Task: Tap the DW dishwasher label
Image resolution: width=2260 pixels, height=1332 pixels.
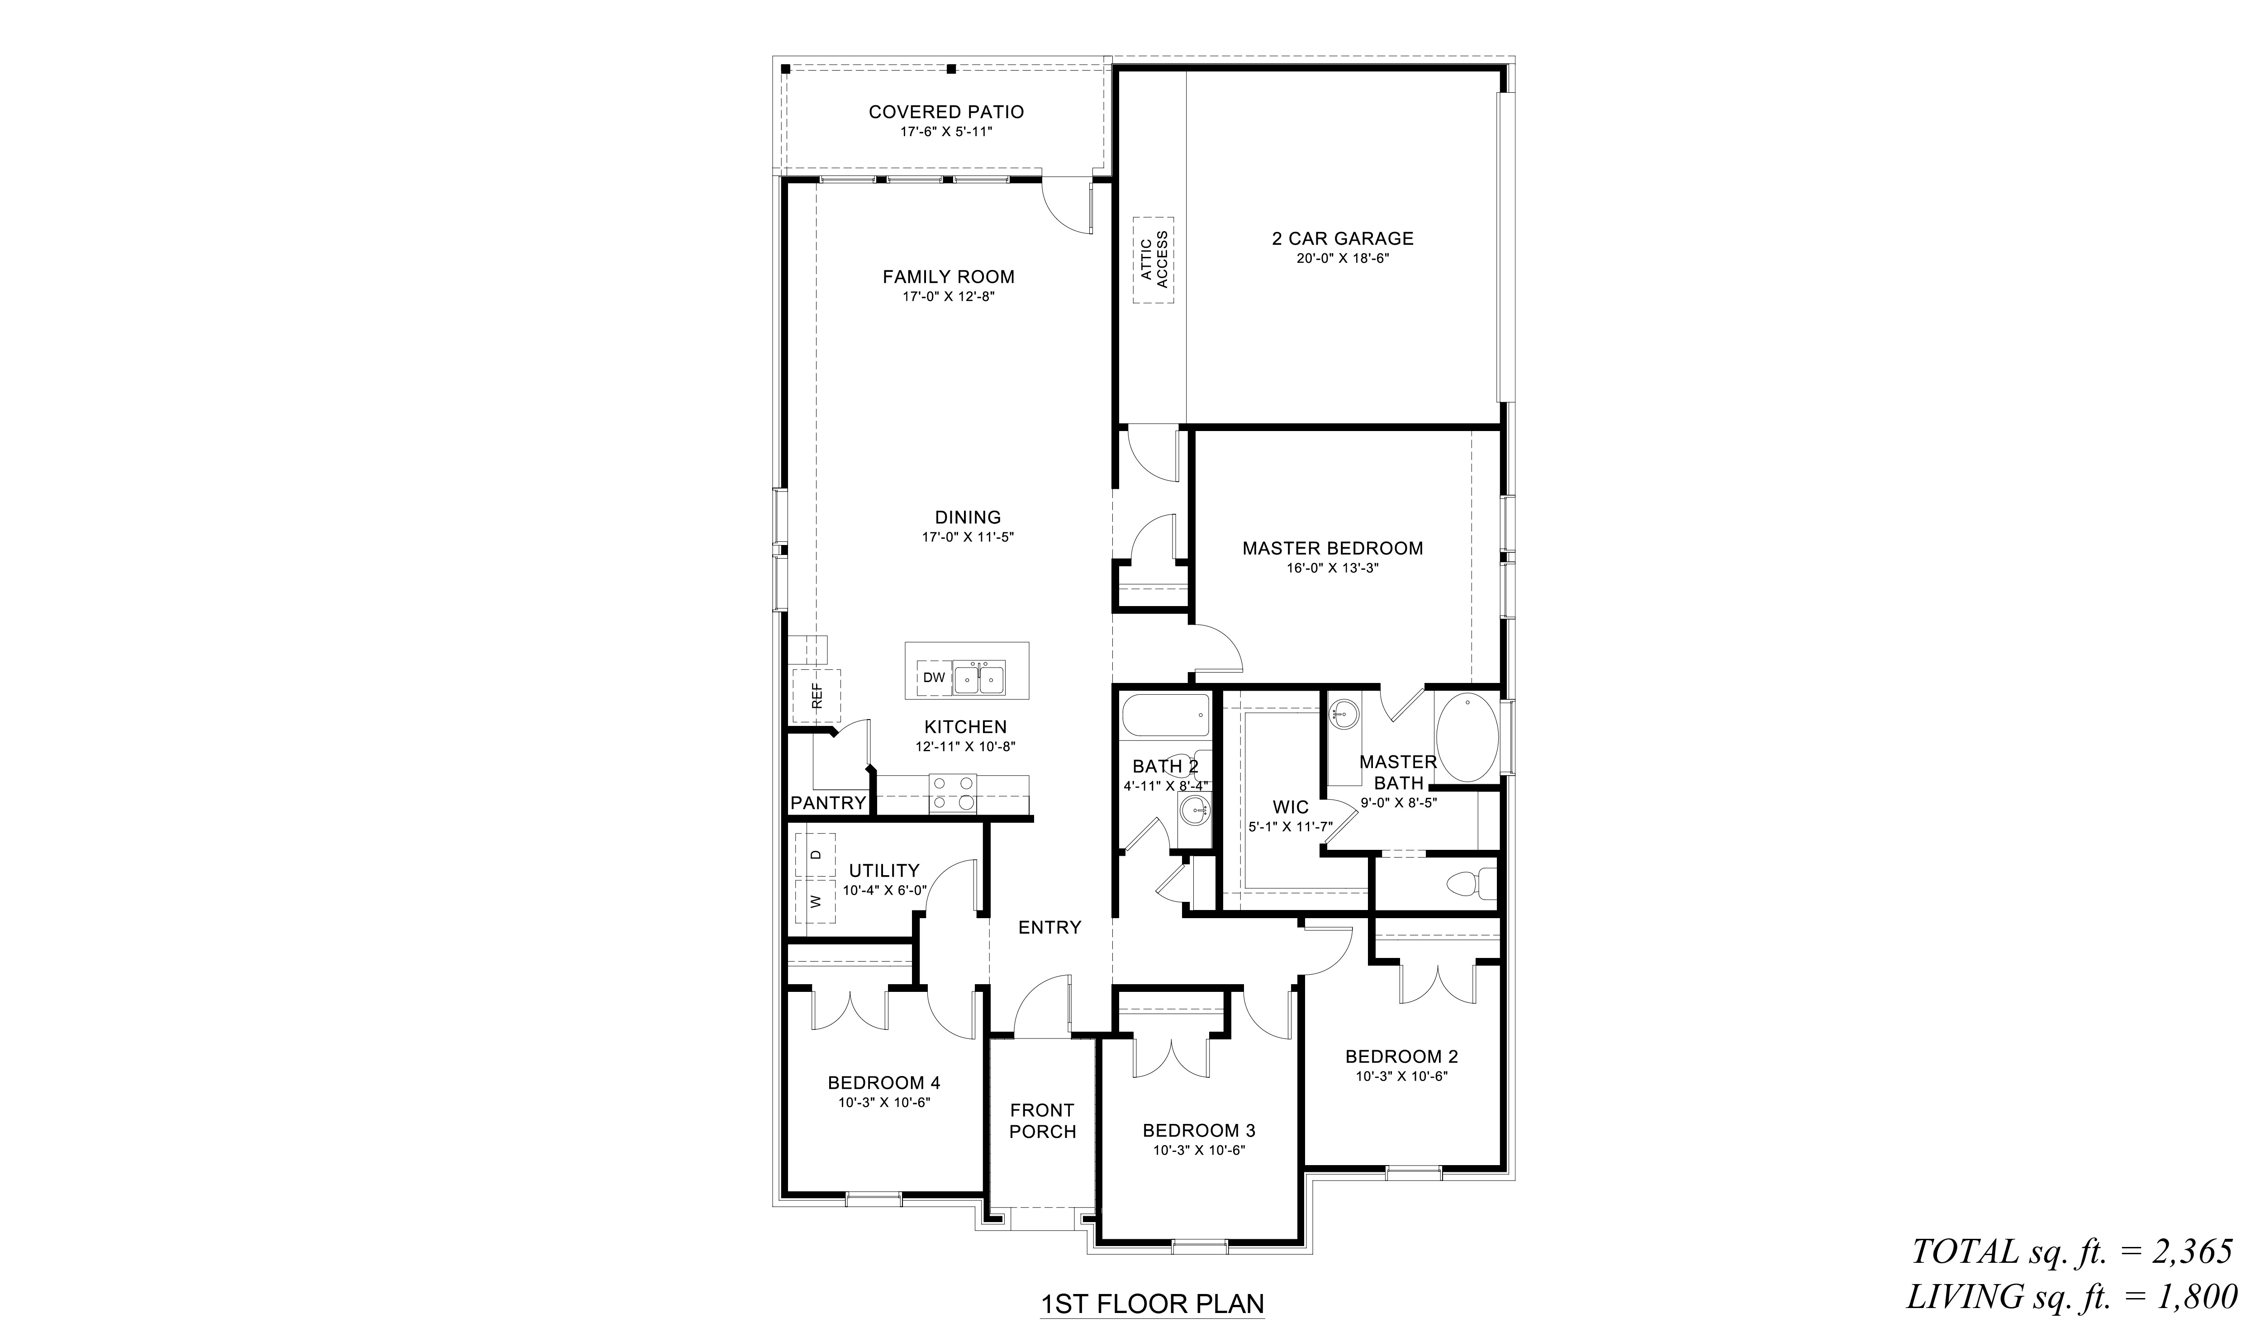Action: click(934, 678)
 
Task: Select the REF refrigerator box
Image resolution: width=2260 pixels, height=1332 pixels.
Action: click(816, 696)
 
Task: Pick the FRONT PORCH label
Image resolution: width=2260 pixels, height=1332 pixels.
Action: click(1042, 1121)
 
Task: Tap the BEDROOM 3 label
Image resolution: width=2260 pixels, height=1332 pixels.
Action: click(1199, 1131)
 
